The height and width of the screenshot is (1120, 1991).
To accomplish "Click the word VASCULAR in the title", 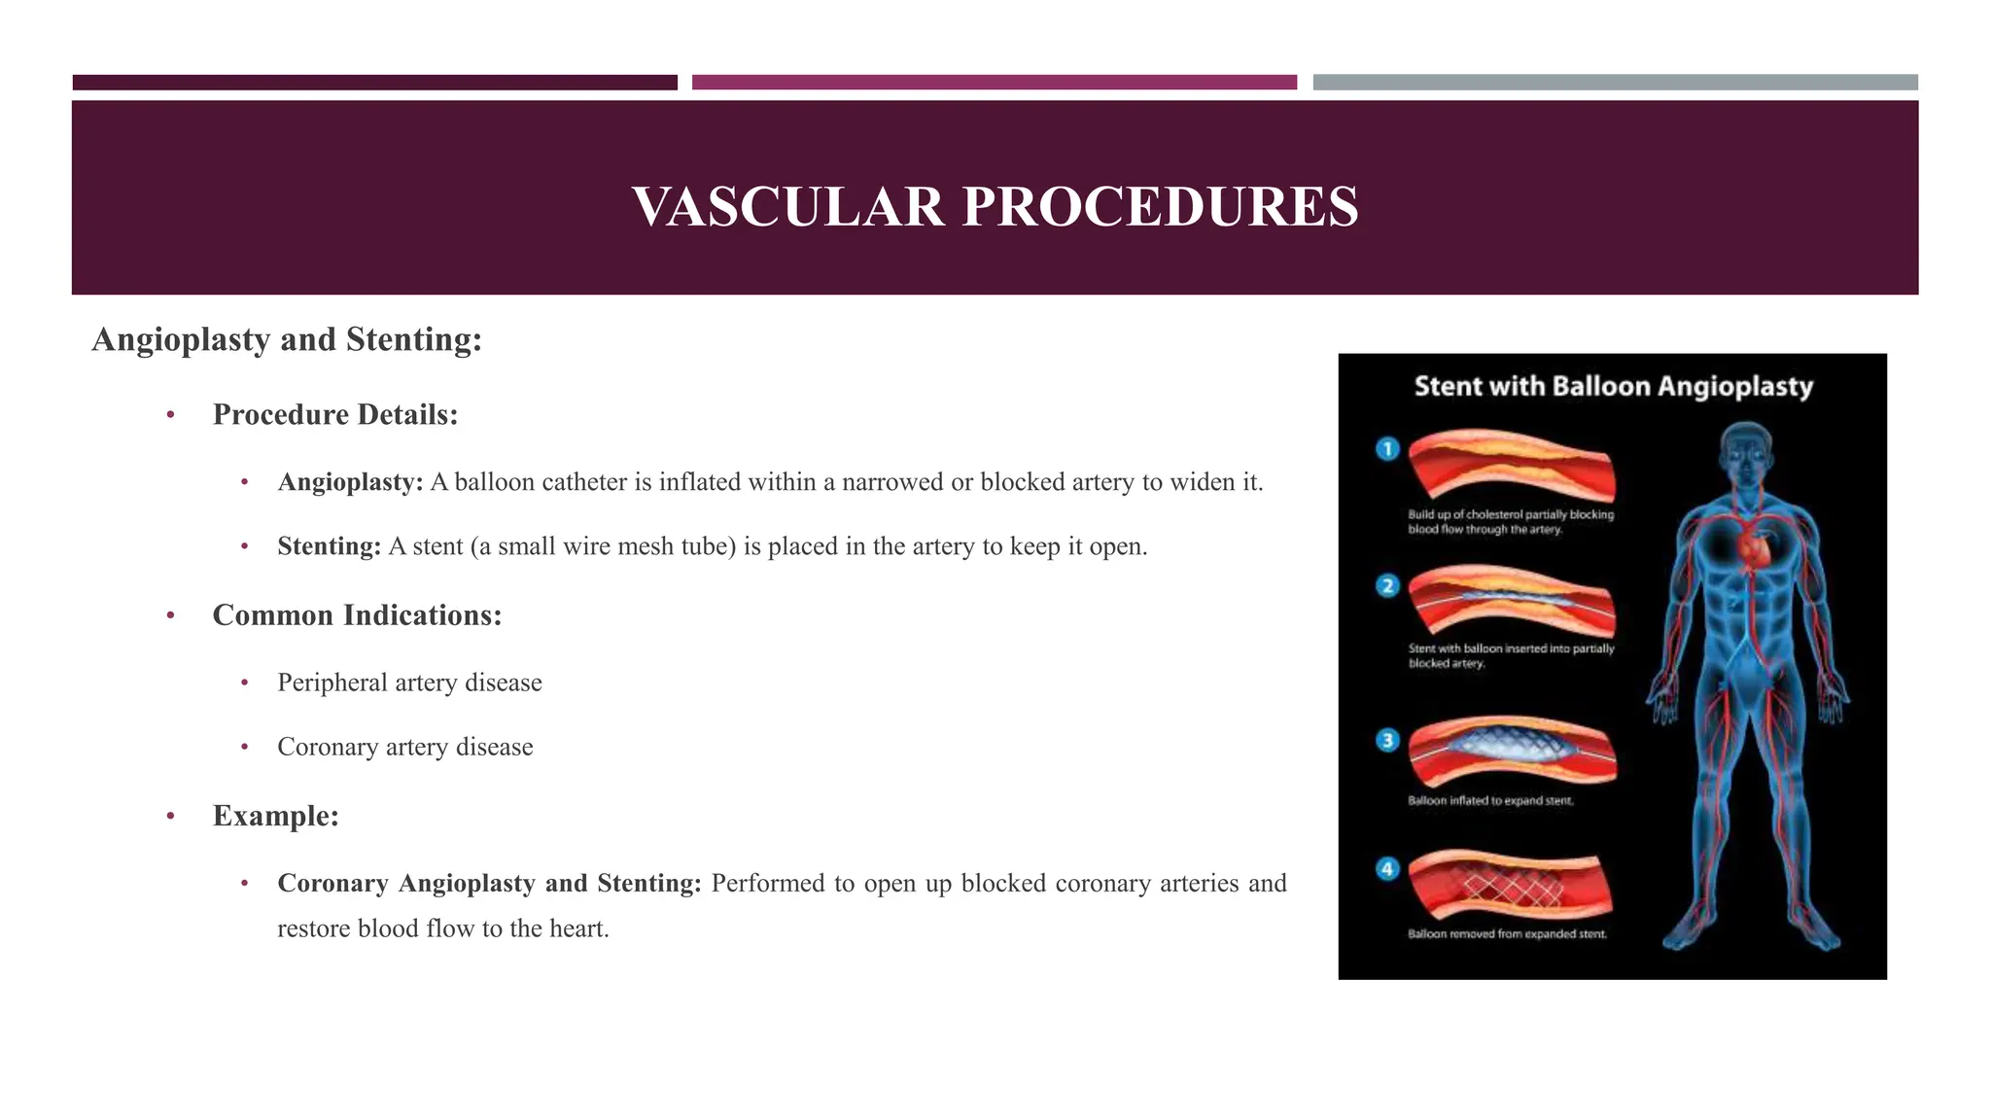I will coord(787,207).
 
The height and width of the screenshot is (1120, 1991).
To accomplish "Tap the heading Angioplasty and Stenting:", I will coord(287,339).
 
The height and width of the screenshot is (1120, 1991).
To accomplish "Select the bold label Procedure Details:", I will coord(335,415).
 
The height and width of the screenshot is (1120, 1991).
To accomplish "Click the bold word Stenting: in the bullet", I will coord(329,546).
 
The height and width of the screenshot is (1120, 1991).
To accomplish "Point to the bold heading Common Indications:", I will coord(357,615).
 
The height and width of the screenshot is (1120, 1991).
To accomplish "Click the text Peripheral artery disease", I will coord(409,682).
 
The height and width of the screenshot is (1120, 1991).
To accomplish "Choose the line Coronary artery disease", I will coord(405,747).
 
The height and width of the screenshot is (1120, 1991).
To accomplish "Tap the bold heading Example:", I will coord(276,816).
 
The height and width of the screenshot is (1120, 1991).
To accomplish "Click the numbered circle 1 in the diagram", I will coord(1387,449).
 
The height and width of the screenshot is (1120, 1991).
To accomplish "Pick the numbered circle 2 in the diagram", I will coord(1387,586).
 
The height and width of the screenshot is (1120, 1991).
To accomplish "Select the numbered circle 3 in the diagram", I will coord(1387,740).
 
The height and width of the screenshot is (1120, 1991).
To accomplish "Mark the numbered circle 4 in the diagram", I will coord(1387,869).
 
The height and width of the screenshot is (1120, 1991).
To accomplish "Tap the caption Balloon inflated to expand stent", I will coord(1490,801).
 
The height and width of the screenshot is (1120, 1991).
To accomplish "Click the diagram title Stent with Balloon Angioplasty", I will coord(1613,387).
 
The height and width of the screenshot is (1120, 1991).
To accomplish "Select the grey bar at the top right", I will coord(1615,83).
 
